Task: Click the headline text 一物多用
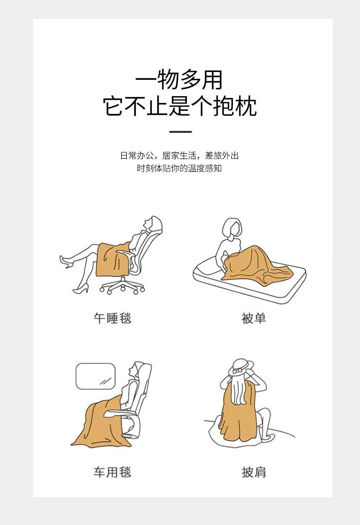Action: tap(179, 80)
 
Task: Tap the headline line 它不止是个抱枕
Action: tap(180, 107)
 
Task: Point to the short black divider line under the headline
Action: tap(180, 132)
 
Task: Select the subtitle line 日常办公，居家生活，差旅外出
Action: tap(180, 155)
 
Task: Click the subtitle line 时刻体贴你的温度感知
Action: tap(180, 168)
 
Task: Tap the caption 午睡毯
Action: tap(112, 318)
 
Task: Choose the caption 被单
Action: tap(253, 318)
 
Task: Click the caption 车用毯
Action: tap(112, 472)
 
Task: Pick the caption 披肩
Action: tap(253, 472)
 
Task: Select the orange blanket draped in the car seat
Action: tap(100, 423)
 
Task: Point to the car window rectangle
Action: tap(95, 376)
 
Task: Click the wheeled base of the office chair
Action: tap(122, 286)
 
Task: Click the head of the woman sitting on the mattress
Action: tap(232, 228)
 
